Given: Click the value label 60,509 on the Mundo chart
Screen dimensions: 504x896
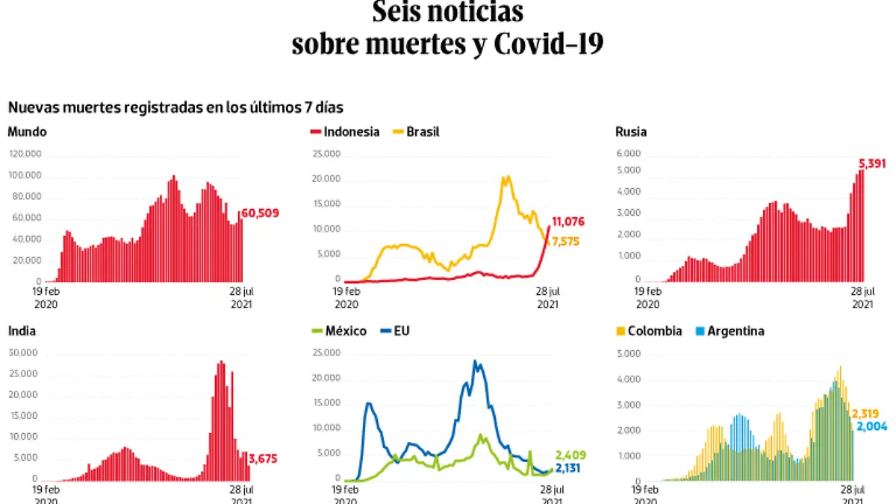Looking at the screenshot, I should click(260, 214).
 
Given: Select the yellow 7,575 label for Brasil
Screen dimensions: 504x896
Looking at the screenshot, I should click(565, 240).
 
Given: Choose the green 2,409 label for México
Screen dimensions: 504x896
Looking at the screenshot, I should click(570, 455).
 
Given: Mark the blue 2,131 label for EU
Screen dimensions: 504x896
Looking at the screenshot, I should click(570, 468).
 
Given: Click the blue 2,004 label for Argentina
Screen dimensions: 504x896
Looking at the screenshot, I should click(871, 426).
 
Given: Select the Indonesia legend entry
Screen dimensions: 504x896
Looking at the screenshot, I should click(345, 132).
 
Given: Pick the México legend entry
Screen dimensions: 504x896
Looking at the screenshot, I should click(340, 331).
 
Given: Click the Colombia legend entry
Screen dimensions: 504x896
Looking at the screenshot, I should click(649, 331).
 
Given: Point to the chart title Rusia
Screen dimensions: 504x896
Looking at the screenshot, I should click(631, 132).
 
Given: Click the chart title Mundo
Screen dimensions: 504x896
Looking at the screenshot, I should click(27, 132).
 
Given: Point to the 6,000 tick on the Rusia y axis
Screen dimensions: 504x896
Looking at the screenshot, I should click(628, 153).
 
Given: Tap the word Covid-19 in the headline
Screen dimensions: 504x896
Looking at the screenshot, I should click(548, 43).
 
